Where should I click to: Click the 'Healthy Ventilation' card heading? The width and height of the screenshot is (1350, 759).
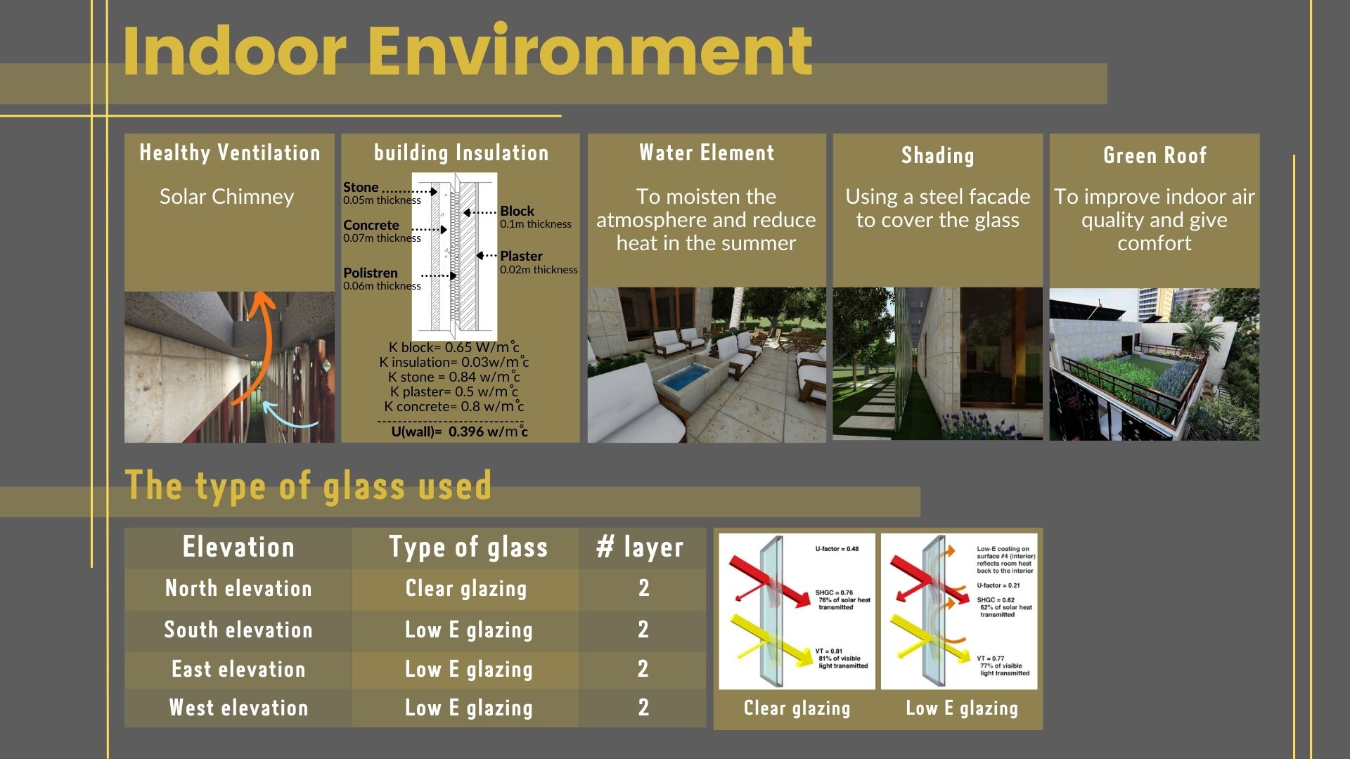coord(230,153)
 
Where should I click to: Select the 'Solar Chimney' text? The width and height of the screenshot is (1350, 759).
coord(226,197)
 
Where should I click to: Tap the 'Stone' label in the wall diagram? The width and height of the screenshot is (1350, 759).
coord(361,187)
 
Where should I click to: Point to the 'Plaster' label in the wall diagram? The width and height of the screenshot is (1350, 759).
coord(521,256)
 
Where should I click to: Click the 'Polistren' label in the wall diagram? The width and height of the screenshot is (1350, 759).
coord(371,273)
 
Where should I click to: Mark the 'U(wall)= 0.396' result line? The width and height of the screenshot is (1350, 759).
coord(459,432)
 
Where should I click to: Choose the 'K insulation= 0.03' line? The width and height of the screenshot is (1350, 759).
coord(454,362)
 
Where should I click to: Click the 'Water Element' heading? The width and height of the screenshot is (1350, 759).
coord(707,153)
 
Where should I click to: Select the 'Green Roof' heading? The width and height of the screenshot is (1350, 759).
coord(1155,155)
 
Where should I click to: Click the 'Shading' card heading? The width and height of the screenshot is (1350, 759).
coord(938,155)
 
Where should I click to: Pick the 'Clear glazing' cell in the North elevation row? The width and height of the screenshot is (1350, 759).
coord(466,588)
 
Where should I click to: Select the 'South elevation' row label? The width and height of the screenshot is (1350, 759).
coord(238,629)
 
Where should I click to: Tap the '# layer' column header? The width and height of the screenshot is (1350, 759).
coord(640,547)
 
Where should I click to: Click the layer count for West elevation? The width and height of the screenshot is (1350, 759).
coord(643,707)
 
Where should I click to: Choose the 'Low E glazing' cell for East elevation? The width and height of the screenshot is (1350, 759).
coord(469,669)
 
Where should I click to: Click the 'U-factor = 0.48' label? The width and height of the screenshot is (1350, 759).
coord(837,549)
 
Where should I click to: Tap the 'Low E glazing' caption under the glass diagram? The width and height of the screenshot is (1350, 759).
coord(962,708)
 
